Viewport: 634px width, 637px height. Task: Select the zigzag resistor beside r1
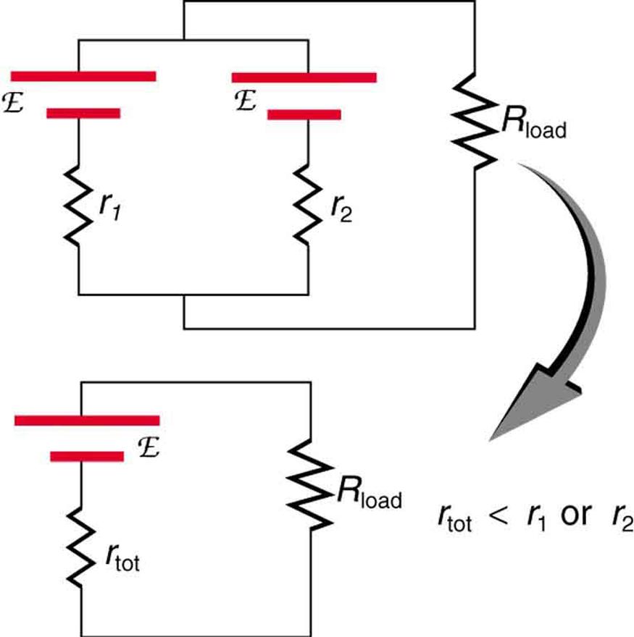click(78, 207)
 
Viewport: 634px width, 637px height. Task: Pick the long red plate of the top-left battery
click(83, 76)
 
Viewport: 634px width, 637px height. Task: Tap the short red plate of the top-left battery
click(83, 113)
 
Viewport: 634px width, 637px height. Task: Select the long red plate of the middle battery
click(304, 77)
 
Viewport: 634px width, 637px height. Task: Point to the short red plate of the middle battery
click(304, 114)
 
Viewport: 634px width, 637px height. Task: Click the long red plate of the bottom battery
click(86, 420)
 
